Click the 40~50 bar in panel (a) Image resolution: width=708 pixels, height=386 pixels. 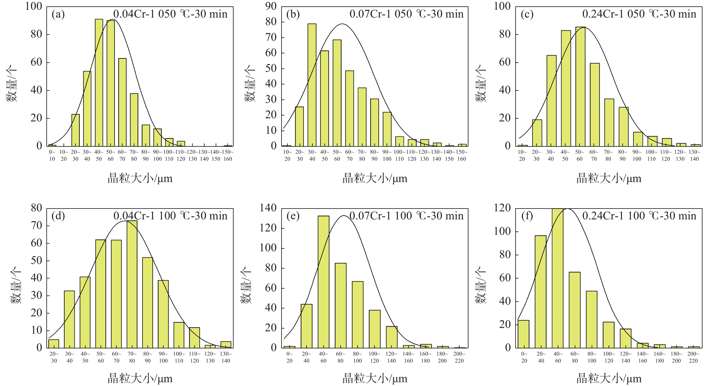click(x=99, y=82)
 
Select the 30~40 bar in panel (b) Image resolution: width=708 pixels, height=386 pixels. click(x=312, y=85)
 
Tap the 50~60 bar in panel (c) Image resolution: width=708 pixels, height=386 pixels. click(x=580, y=86)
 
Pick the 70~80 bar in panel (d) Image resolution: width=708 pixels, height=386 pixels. click(x=132, y=284)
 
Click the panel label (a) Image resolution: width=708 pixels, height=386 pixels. click(x=58, y=14)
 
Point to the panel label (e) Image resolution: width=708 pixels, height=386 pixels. click(x=293, y=216)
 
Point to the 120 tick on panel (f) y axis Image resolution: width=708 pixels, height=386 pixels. click(x=502, y=208)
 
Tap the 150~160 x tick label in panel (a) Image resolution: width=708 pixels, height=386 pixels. click(x=228, y=155)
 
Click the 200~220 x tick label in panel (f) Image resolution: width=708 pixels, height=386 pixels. click(x=693, y=357)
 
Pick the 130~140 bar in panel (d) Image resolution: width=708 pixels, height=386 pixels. click(x=226, y=345)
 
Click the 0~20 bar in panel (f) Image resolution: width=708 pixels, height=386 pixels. click(x=523, y=334)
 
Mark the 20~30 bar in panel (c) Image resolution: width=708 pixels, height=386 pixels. click(x=537, y=133)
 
